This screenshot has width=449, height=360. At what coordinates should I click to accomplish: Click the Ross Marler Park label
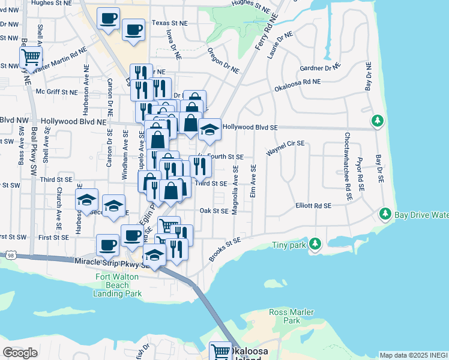(x=283, y=317)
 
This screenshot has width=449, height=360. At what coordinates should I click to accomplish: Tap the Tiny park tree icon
(x=315, y=244)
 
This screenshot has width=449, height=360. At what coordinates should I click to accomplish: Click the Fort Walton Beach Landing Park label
(x=118, y=285)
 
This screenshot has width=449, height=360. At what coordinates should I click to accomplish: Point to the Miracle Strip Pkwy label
(x=106, y=262)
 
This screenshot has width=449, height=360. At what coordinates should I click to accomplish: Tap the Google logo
(x=20, y=352)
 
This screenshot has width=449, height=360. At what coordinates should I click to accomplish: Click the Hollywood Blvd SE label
(x=250, y=127)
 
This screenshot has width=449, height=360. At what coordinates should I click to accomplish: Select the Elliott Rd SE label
(x=313, y=206)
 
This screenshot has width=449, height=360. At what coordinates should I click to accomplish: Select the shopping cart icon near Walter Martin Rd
(x=31, y=58)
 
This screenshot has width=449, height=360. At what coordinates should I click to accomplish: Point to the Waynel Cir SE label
(x=286, y=148)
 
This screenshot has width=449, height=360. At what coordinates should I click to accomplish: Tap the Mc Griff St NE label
(x=57, y=92)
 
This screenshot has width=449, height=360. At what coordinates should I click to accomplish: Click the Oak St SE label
(x=214, y=211)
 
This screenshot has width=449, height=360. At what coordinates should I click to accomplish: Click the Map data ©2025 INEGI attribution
(x=414, y=355)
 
